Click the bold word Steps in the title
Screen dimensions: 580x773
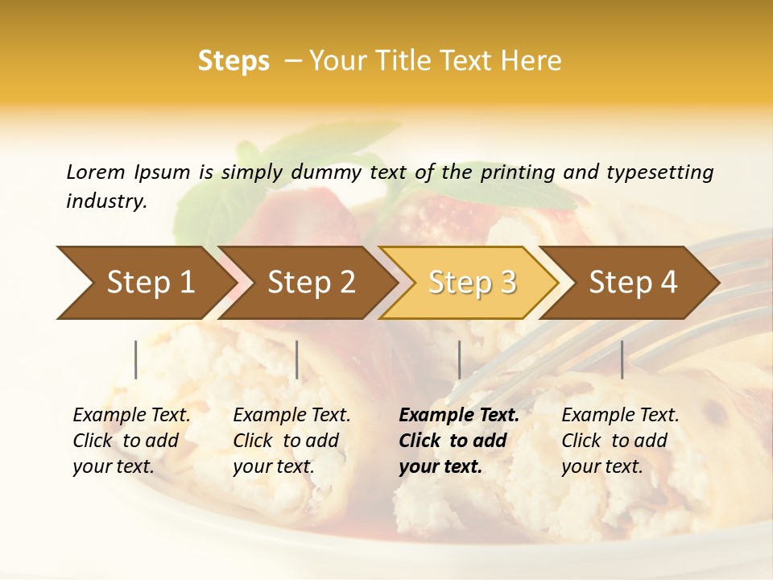point(234,61)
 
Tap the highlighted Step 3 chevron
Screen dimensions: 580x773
point(472,283)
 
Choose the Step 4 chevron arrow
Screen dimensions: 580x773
point(633,283)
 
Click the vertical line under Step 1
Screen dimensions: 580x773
point(136,359)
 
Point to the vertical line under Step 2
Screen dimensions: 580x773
point(297,359)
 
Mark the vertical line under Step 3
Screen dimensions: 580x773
point(459,359)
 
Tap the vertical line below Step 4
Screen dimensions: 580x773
point(622,359)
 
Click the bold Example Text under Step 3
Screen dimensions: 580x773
point(459,416)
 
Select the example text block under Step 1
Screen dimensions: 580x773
point(131,441)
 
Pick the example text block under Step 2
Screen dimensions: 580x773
point(291,441)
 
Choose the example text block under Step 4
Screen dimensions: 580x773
point(620,441)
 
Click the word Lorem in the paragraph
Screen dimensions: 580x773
point(96,172)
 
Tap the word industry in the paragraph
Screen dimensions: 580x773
point(106,201)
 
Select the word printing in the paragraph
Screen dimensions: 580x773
point(518,172)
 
